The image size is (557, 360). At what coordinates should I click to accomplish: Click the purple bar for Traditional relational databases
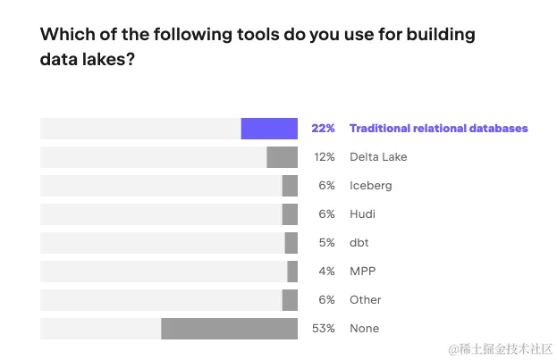tap(269, 129)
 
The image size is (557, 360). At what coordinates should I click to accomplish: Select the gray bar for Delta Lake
tap(282, 157)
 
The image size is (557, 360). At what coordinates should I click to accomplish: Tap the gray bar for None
tap(229, 329)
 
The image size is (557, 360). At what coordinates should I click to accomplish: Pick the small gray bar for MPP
tap(292, 272)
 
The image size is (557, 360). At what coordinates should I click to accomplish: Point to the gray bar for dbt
tap(291, 243)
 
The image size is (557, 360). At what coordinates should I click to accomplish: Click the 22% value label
tap(323, 129)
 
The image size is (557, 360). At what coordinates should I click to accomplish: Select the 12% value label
tap(324, 157)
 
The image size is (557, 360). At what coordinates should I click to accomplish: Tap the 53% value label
tap(323, 329)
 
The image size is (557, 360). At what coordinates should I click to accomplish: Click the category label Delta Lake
tap(378, 157)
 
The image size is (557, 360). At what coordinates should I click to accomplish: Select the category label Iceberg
tap(370, 186)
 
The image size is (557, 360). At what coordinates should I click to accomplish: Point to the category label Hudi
tap(362, 214)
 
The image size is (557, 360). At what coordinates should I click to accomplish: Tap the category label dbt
tap(359, 243)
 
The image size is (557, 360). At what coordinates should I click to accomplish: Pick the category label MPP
tap(362, 272)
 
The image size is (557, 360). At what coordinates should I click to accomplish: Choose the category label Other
tap(366, 300)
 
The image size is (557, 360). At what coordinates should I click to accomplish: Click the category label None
tap(364, 329)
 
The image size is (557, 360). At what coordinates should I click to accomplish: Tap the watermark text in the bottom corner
tap(501, 347)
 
